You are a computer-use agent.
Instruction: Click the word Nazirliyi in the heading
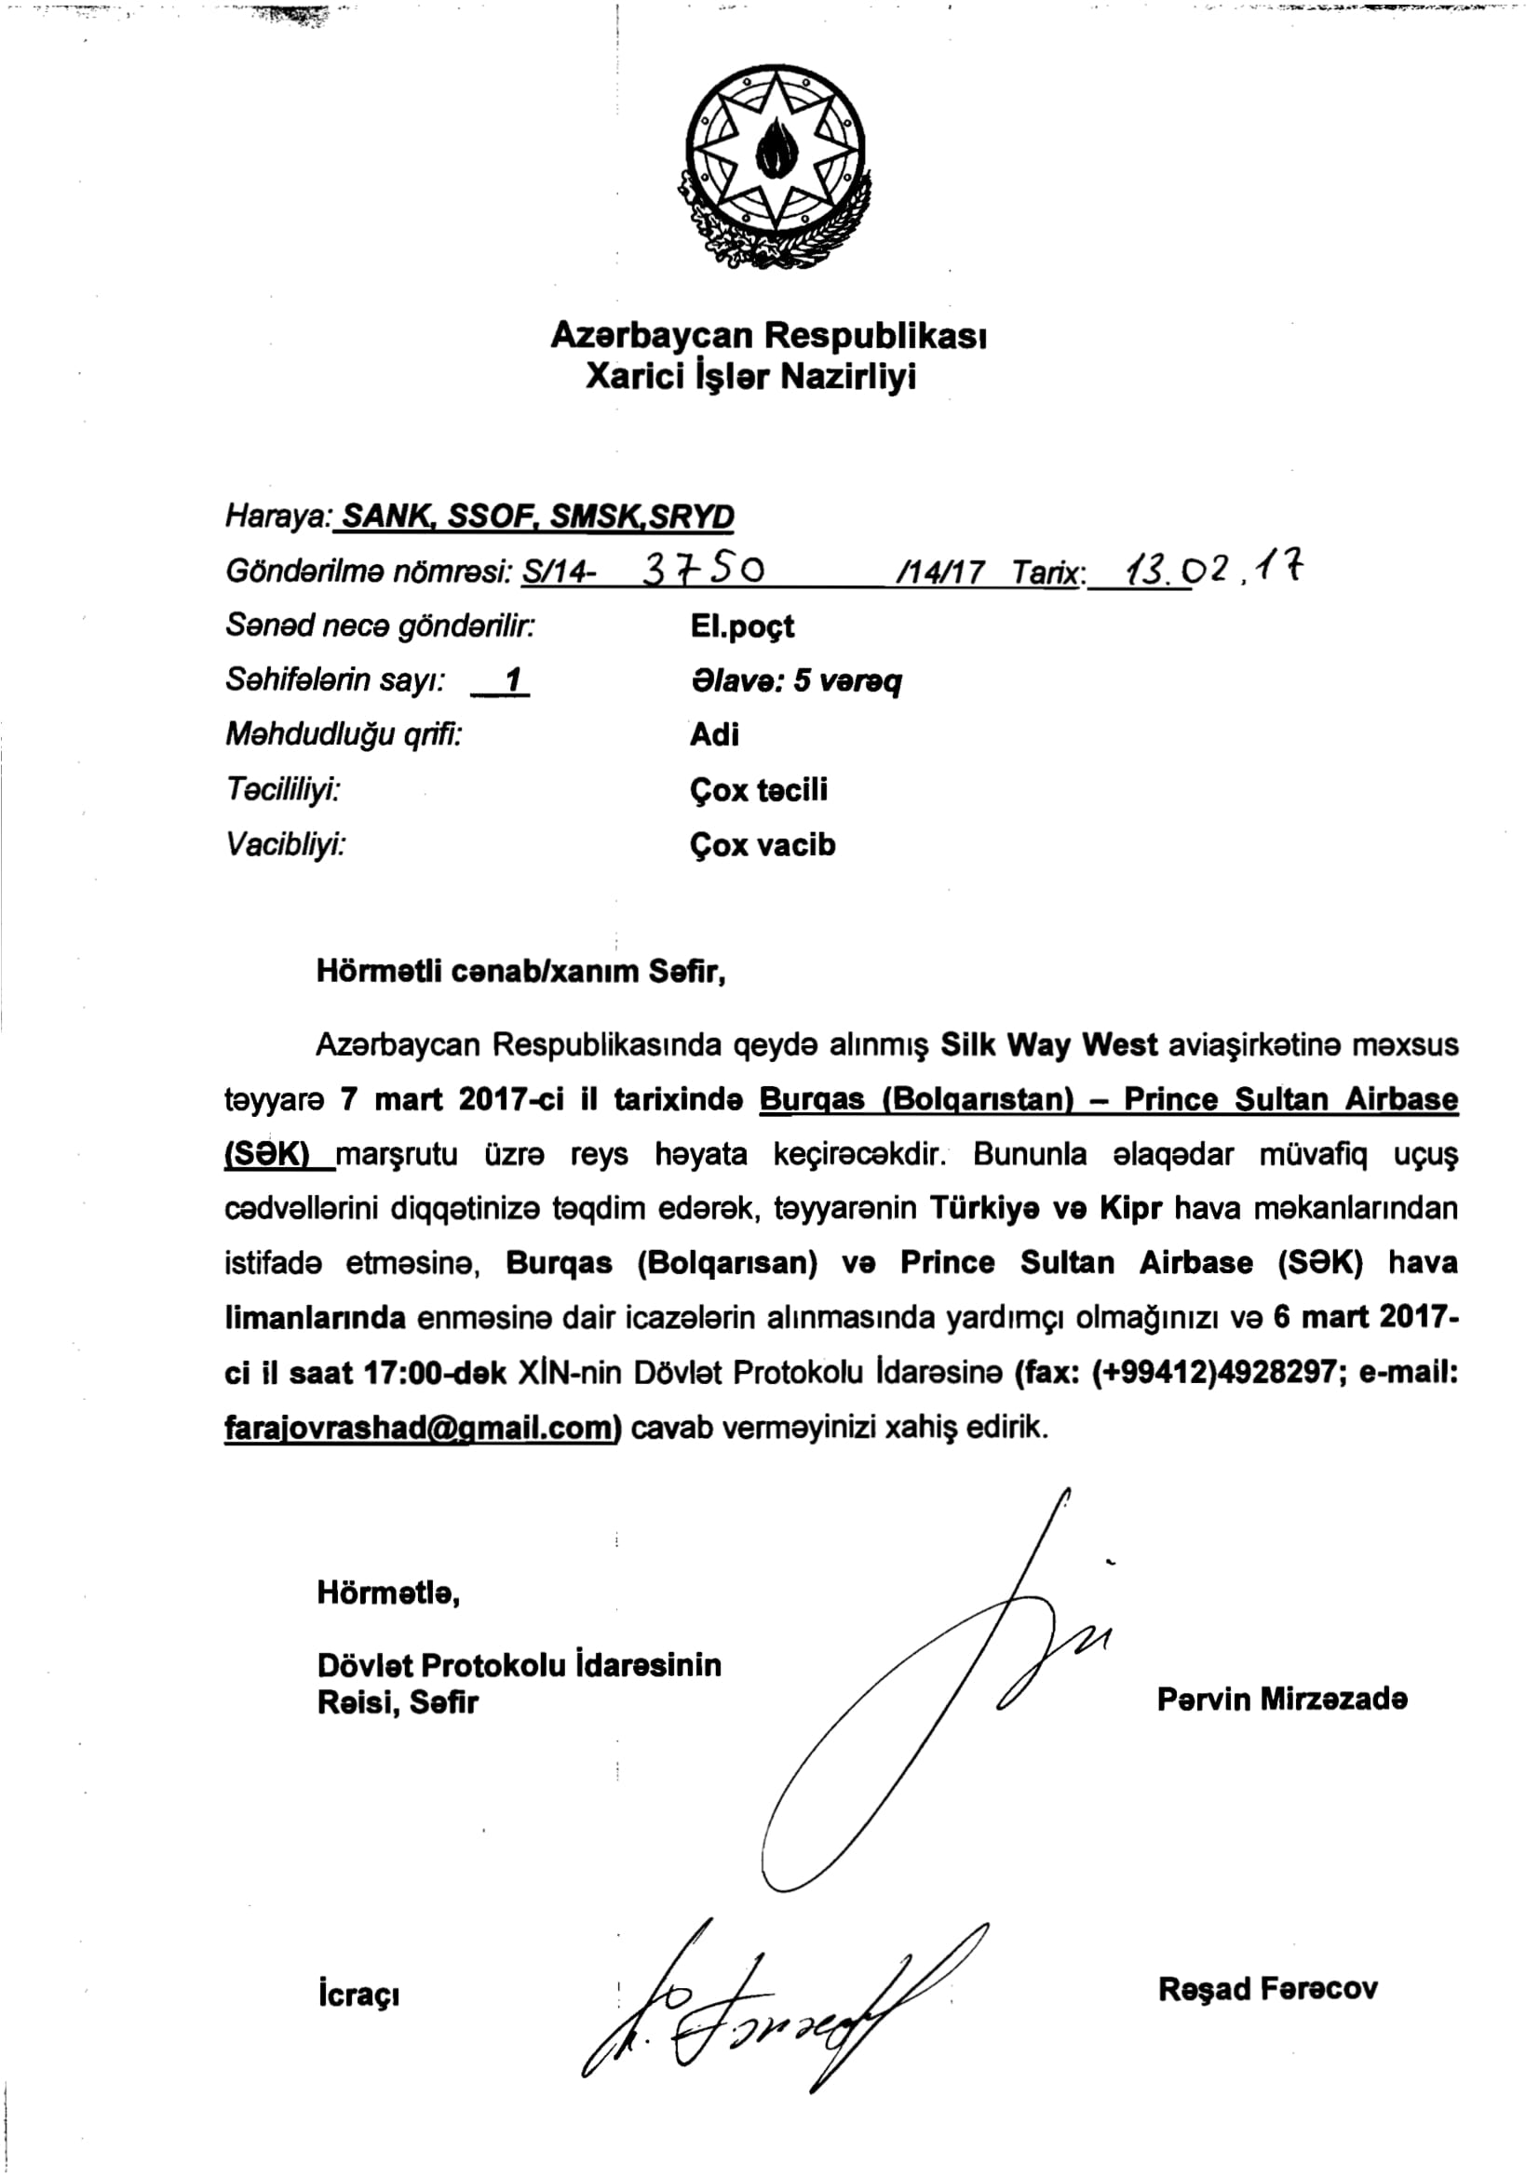tap(848, 377)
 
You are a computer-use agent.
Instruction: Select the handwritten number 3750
tap(704, 569)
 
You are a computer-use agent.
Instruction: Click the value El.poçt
tap(742, 626)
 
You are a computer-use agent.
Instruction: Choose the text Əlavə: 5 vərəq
tap(797, 680)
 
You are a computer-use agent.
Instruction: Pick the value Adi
tap(714, 735)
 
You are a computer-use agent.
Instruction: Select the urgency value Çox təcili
tap(759, 790)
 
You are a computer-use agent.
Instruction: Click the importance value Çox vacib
tap(763, 845)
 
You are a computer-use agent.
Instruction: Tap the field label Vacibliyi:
tap(286, 845)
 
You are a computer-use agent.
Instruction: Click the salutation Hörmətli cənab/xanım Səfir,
tap(520, 972)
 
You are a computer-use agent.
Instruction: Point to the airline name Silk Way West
tap(1048, 1045)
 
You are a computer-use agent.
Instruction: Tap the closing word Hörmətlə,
tap(389, 1592)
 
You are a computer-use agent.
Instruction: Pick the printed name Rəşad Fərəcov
tap(1268, 1989)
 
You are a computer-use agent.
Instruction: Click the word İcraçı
tap(358, 1995)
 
